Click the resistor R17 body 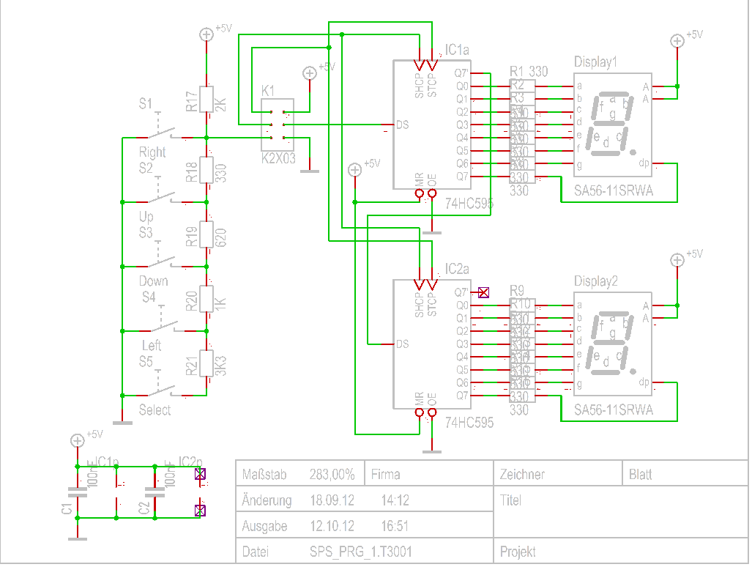(206, 100)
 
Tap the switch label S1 (146, 104)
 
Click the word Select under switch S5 (155, 410)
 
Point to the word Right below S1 (152, 152)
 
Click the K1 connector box (278, 125)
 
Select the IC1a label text (457, 50)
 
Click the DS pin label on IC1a (402, 125)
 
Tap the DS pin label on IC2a (402, 344)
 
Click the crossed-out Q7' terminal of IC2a (483, 292)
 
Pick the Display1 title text (595, 62)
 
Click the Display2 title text (595, 281)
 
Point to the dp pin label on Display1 (644, 163)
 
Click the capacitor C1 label (67, 508)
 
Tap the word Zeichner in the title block (522, 475)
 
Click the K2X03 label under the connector (278, 157)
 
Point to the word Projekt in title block (517, 552)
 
